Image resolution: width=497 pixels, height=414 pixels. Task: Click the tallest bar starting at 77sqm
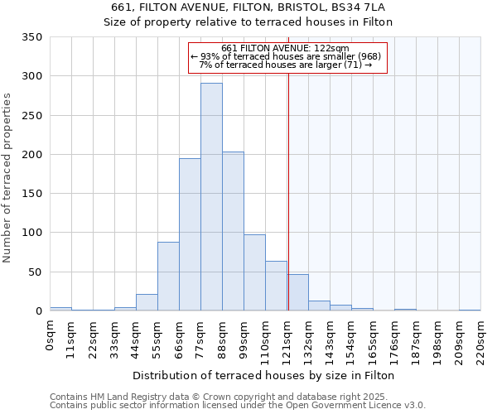pos(211,197)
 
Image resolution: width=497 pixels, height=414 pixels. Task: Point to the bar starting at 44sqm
pos(147,302)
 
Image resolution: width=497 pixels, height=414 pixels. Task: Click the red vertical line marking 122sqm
pos(288,182)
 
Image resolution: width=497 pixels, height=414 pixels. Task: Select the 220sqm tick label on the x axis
pos(480,340)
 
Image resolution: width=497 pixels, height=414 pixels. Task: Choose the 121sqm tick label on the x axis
pos(287,340)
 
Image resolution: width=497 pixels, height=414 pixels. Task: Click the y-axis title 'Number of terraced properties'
pos(7,178)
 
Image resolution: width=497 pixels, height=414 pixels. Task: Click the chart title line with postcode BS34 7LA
pos(248,7)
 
